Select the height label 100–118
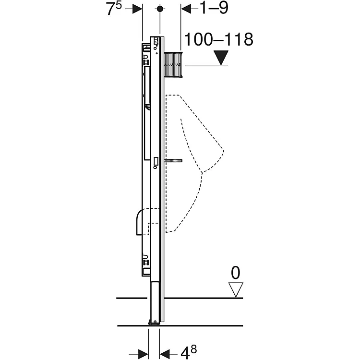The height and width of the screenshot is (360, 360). (x=219, y=40)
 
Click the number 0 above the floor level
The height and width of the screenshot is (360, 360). (x=236, y=273)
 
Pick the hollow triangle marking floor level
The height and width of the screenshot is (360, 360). (x=236, y=289)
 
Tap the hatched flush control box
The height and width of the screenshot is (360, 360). (x=173, y=64)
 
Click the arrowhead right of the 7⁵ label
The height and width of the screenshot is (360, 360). (x=137, y=9)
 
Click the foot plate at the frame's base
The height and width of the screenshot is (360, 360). (x=154, y=323)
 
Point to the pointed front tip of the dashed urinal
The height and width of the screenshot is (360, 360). (x=223, y=152)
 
